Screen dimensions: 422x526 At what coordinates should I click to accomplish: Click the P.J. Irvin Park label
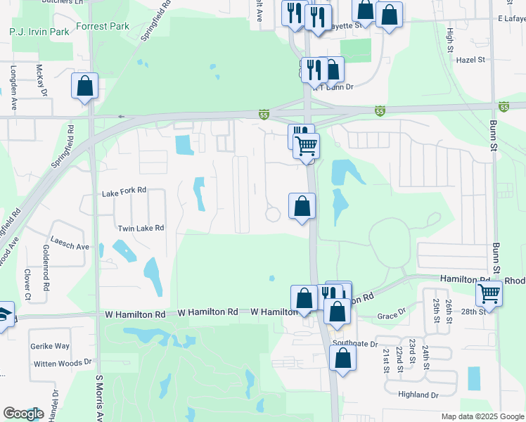click(39, 32)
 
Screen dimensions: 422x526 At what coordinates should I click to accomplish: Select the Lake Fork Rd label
click(124, 190)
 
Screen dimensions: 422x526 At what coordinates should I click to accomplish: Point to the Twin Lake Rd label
click(141, 228)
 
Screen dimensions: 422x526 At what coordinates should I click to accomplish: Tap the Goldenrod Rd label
click(46, 268)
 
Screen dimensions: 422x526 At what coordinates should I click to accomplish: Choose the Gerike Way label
click(49, 346)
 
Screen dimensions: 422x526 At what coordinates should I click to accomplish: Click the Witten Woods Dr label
click(63, 362)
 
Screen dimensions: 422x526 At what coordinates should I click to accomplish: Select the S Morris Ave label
click(100, 397)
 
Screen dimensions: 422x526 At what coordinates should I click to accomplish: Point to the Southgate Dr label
click(355, 344)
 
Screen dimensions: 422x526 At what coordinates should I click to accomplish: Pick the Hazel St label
click(471, 60)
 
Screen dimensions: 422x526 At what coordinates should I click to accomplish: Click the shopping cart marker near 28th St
click(489, 293)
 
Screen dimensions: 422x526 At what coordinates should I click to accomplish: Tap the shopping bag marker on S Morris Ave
click(84, 87)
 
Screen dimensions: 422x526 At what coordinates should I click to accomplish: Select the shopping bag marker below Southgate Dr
click(342, 357)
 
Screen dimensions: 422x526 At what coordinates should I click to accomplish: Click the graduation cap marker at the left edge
click(4, 314)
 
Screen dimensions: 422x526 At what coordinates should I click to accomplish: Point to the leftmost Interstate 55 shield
click(264, 113)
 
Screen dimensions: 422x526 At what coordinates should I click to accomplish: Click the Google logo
click(23, 414)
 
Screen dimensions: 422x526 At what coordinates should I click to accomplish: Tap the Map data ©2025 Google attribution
click(482, 416)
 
